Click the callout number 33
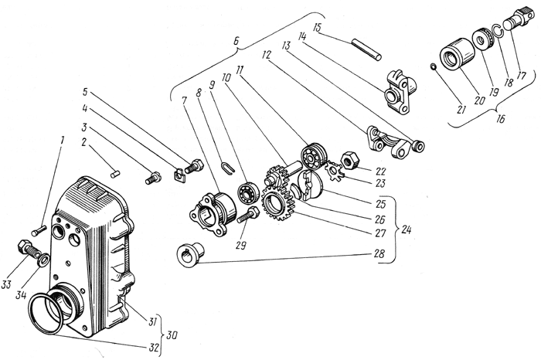[6, 284]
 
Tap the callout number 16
[500, 119]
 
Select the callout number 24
[406, 229]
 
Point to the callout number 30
[171, 335]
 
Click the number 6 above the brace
[236, 41]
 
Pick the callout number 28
[379, 254]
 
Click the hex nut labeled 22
[348, 160]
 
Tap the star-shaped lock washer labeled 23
[335, 172]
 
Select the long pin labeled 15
[366, 49]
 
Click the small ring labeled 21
[434, 66]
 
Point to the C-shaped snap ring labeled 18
[497, 31]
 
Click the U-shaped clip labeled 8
[228, 168]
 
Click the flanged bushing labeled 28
[191, 254]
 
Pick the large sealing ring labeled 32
[47, 314]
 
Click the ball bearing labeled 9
[247, 193]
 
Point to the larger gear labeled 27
[280, 205]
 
